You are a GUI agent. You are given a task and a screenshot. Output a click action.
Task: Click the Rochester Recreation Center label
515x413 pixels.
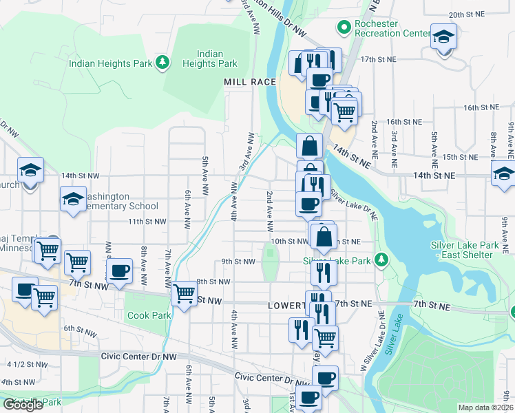392,28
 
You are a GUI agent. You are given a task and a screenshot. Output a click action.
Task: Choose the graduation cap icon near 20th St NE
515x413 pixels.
444,36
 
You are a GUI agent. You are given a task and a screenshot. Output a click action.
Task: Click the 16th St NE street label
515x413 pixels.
481,108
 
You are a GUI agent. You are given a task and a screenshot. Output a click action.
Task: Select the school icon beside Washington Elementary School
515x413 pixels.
73,199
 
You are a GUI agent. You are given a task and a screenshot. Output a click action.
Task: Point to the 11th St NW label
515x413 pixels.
147,222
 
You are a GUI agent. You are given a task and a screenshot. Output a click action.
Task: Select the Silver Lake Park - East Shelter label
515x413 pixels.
461,250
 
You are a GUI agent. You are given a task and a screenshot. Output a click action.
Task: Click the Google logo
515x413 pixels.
23,405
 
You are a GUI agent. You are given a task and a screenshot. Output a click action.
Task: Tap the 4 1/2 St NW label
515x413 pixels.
27,364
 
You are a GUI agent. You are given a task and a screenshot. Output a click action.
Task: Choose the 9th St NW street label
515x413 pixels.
238,262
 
